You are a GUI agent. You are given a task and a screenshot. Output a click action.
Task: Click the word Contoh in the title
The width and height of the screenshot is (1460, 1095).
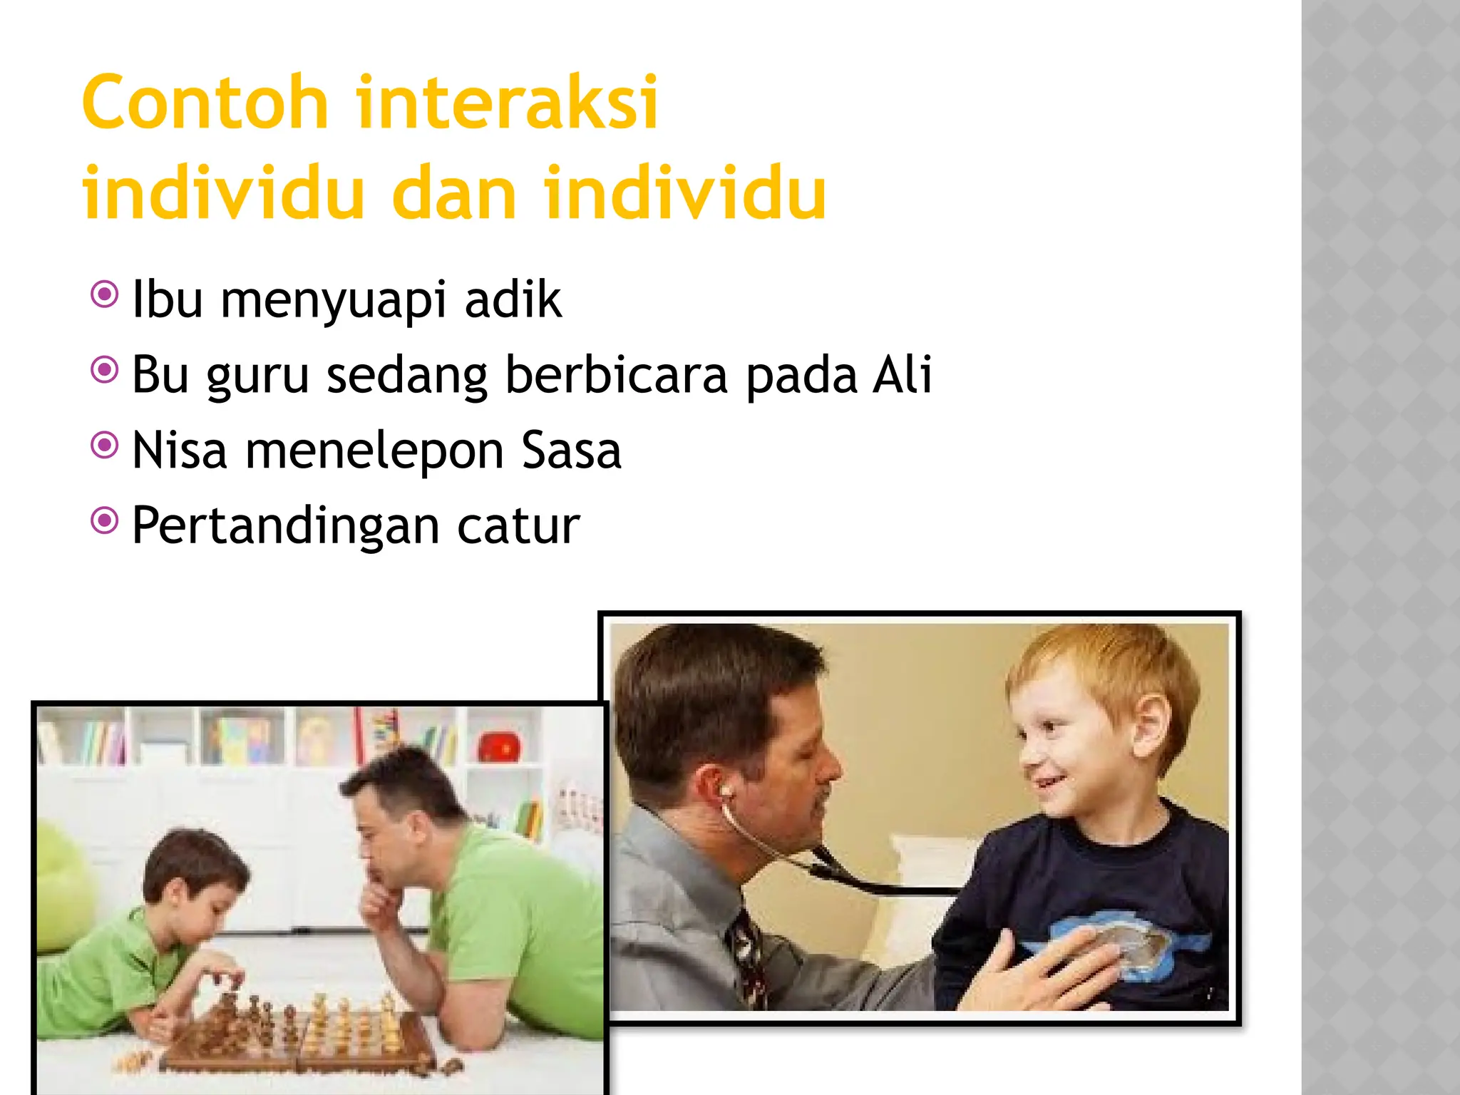[x=205, y=103]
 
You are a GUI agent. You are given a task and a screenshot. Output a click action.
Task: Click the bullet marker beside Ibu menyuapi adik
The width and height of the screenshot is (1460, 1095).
[x=105, y=294]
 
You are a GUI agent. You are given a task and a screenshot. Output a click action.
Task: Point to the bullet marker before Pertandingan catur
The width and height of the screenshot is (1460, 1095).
[x=105, y=521]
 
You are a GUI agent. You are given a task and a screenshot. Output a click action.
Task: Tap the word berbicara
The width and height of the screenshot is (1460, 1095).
[x=616, y=376]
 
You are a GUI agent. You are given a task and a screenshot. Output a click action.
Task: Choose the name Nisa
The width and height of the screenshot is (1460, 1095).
[x=180, y=451]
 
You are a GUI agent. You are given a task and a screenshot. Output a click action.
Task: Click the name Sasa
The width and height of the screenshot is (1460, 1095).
[x=571, y=451]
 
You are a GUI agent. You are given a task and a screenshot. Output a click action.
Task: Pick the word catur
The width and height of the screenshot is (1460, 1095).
[x=518, y=526]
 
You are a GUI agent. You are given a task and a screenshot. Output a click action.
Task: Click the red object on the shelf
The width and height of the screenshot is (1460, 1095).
[x=499, y=748]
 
